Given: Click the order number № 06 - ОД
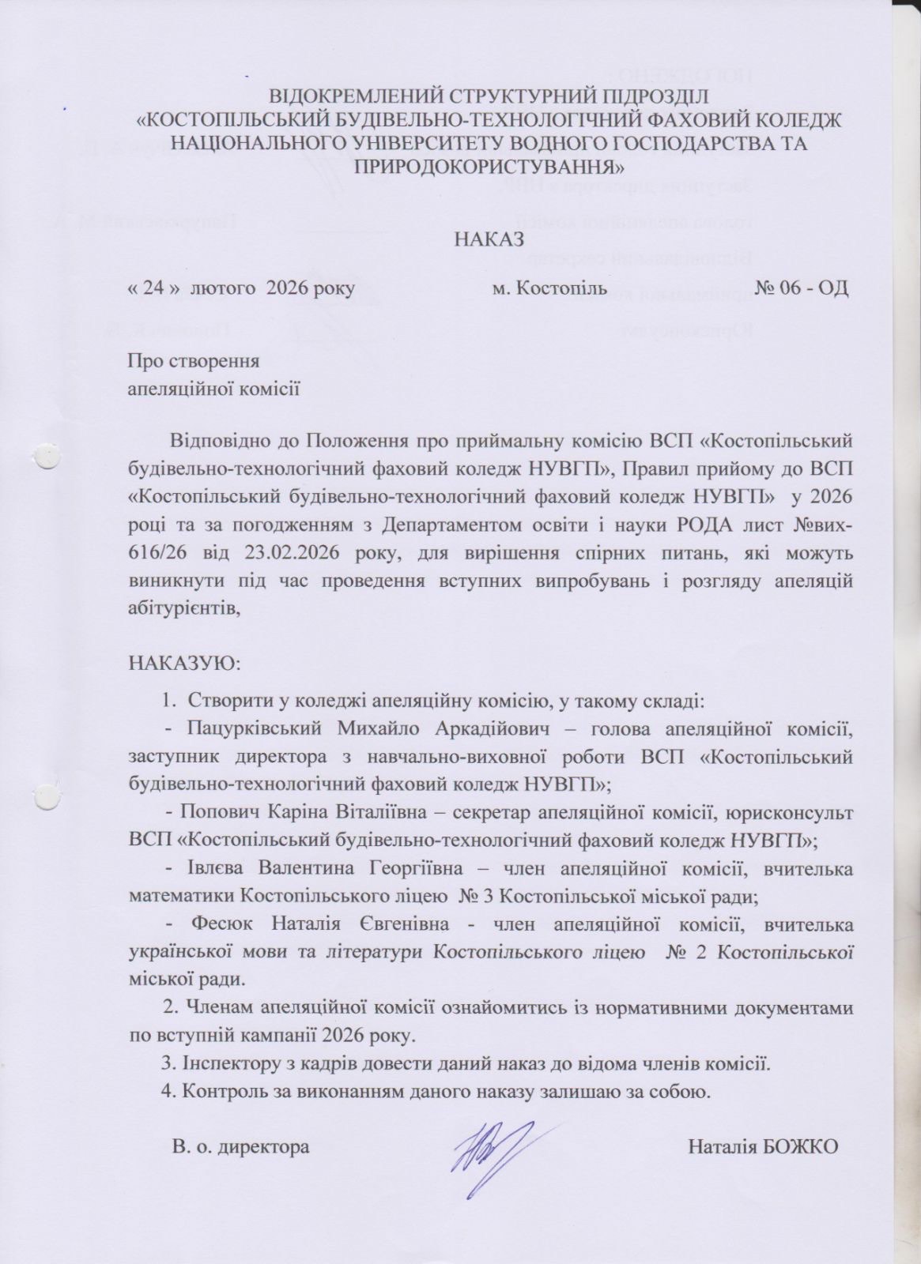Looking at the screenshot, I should [802, 288].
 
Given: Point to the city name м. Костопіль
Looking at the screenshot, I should [549, 288].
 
